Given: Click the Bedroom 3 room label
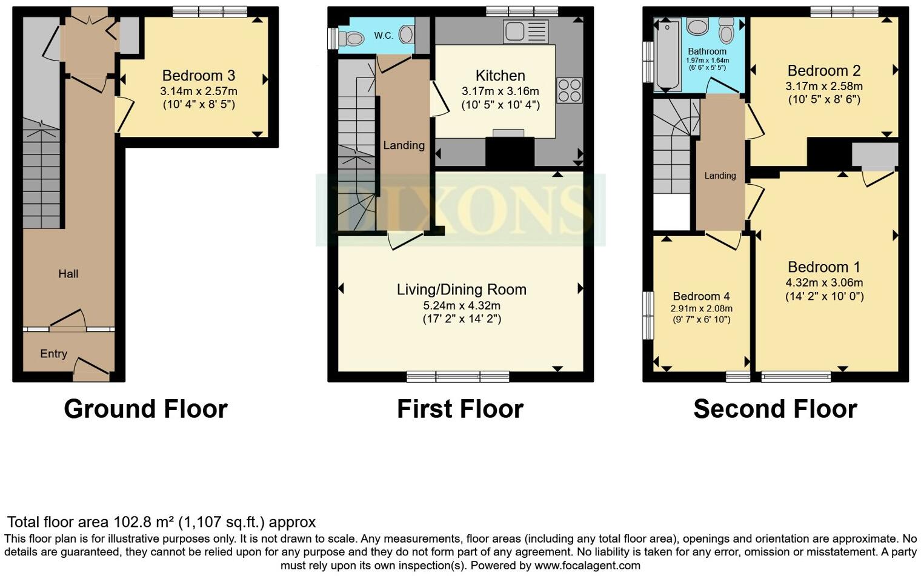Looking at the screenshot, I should point(198,76).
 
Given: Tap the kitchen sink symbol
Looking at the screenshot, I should point(525,31).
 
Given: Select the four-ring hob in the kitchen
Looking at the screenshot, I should point(569,90).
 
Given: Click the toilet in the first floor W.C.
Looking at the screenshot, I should point(351,39).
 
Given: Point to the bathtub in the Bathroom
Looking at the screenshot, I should point(667,55).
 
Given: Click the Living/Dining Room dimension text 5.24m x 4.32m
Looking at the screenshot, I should point(462,305).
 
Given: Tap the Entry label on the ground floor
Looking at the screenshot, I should point(53,354).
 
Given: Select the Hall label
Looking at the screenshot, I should point(68,274).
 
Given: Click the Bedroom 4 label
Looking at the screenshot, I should point(701,296).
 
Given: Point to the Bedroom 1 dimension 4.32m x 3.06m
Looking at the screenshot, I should point(824,282).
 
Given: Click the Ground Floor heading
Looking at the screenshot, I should point(145,409).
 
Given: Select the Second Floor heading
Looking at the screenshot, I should point(775,409).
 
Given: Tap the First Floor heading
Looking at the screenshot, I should point(460,409).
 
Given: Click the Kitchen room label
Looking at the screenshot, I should point(500,76).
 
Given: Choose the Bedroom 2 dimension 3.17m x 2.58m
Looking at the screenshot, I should point(824,86).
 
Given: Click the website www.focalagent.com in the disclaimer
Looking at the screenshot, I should point(587,566).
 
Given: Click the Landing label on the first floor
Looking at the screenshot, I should point(404,145).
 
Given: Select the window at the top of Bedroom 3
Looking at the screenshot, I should point(210,12).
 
